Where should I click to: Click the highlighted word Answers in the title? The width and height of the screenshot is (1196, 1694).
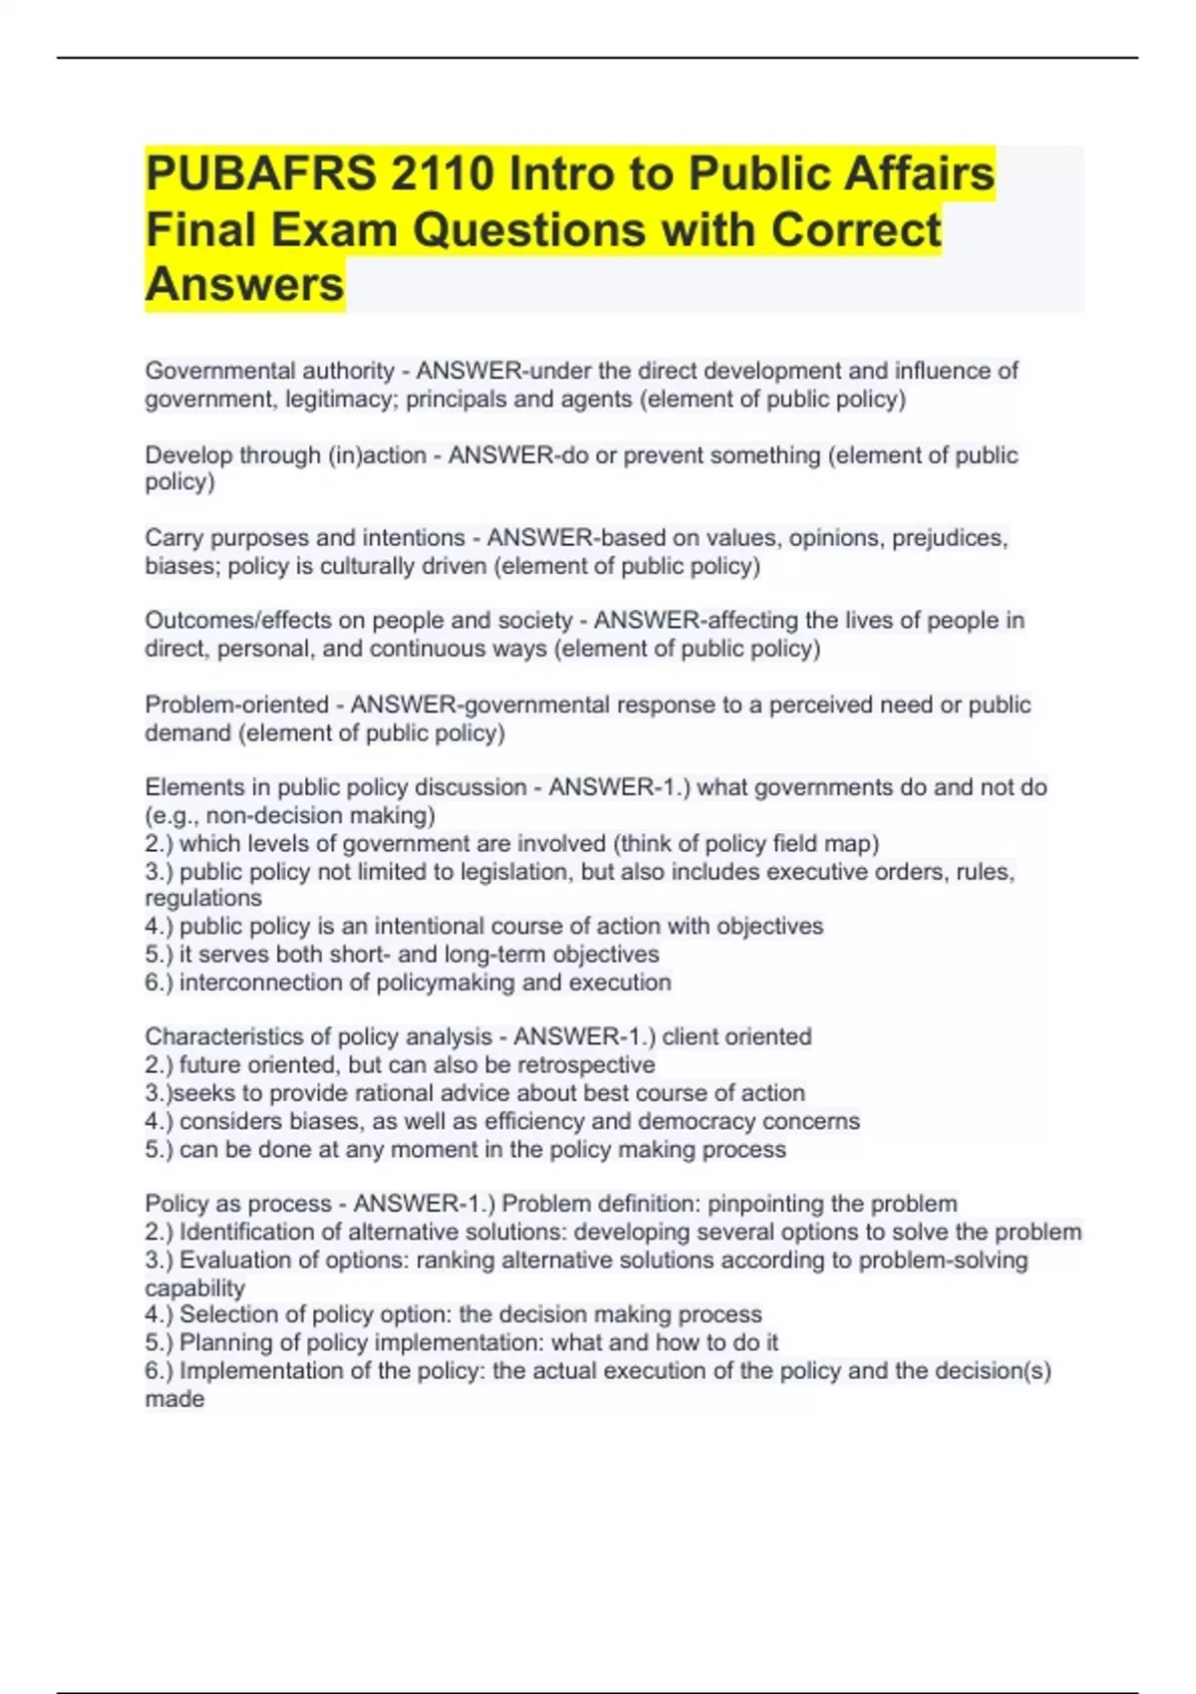click(245, 284)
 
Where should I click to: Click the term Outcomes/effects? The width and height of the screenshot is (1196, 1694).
click(238, 621)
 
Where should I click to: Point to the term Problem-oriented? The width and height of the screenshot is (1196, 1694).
click(237, 705)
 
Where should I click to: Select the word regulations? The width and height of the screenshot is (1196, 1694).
click(203, 898)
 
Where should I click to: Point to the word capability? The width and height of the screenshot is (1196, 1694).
click(194, 1287)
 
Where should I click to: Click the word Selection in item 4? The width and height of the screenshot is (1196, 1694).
click(225, 1314)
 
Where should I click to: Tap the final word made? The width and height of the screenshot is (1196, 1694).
click(174, 1399)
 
